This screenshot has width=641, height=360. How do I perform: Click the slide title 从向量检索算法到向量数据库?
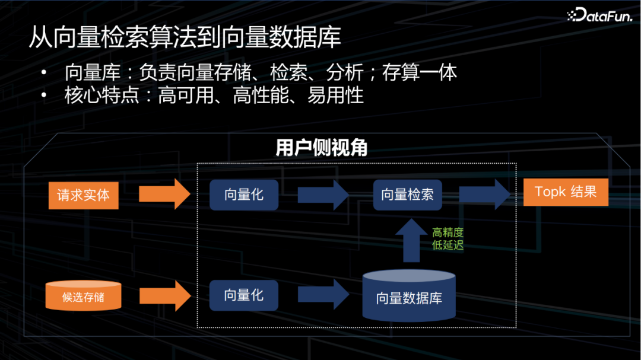click(x=185, y=37)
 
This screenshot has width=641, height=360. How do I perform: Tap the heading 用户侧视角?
click(x=321, y=148)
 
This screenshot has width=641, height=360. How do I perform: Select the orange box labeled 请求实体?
click(x=83, y=195)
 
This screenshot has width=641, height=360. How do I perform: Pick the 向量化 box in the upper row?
click(x=244, y=195)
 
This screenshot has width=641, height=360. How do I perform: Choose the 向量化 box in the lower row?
click(x=244, y=295)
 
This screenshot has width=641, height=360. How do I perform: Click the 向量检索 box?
click(x=407, y=195)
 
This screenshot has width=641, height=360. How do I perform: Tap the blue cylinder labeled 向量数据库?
click(x=409, y=296)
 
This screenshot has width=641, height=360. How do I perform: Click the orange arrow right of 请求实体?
click(x=164, y=194)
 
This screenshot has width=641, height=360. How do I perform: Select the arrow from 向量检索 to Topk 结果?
click(x=484, y=194)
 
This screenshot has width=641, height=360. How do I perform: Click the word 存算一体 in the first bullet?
click(x=420, y=73)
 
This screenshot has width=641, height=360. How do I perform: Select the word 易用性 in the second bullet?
click(x=335, y=95)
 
